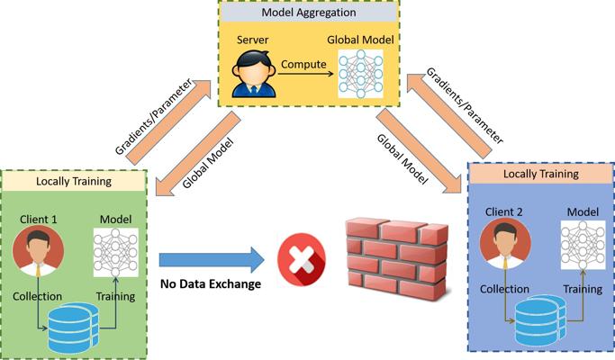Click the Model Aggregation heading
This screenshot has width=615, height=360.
[307, 12]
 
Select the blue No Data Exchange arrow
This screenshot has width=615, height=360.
[212, 261]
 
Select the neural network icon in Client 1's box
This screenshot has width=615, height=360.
[116, 252]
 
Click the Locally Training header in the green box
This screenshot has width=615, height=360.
[74, 181]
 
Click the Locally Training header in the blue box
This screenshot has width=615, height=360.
[540, 173]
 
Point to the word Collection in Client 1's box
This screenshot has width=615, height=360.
[37, 296]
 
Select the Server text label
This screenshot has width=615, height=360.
[253, 40]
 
